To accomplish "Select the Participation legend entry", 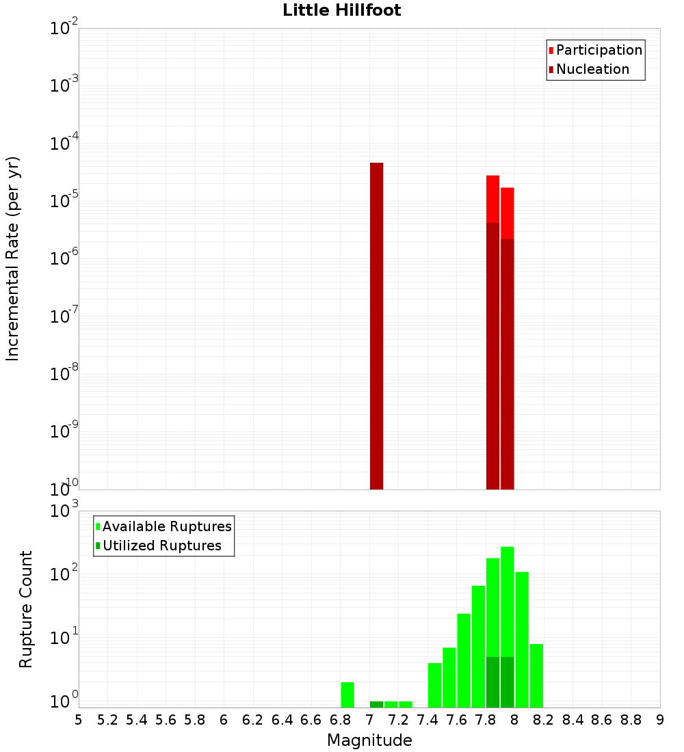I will (595, 50).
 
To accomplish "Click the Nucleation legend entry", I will (588, 69).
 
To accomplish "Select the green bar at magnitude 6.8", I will (347, 695).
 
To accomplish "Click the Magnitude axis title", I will (369, 740).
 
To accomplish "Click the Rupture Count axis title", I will (26, 609).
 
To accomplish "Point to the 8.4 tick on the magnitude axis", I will (573, 720).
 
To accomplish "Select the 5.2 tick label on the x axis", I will (107, 720).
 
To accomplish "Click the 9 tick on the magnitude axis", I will (660, 720).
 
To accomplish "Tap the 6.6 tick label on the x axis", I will (311, 720).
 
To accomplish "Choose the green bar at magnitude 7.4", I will (434, 685).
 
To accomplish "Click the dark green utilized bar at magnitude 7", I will (376, 704).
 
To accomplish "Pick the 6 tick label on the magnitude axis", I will (224, 720).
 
